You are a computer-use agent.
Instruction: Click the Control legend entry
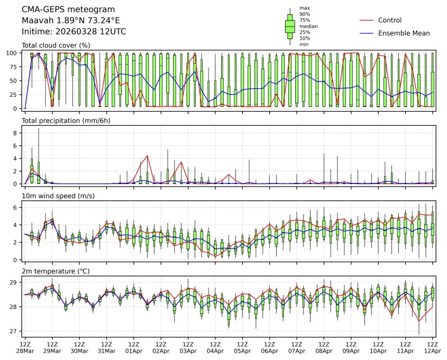[x=390, y=20]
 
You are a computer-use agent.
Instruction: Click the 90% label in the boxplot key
[x=304, y=14]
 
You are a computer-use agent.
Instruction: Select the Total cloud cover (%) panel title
[x=56, y=45]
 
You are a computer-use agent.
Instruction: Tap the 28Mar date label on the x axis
[x=25, y=351]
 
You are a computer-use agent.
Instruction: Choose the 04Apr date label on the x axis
[x=215, y=351]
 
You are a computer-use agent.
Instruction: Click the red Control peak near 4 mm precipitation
[x=147, y=155]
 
